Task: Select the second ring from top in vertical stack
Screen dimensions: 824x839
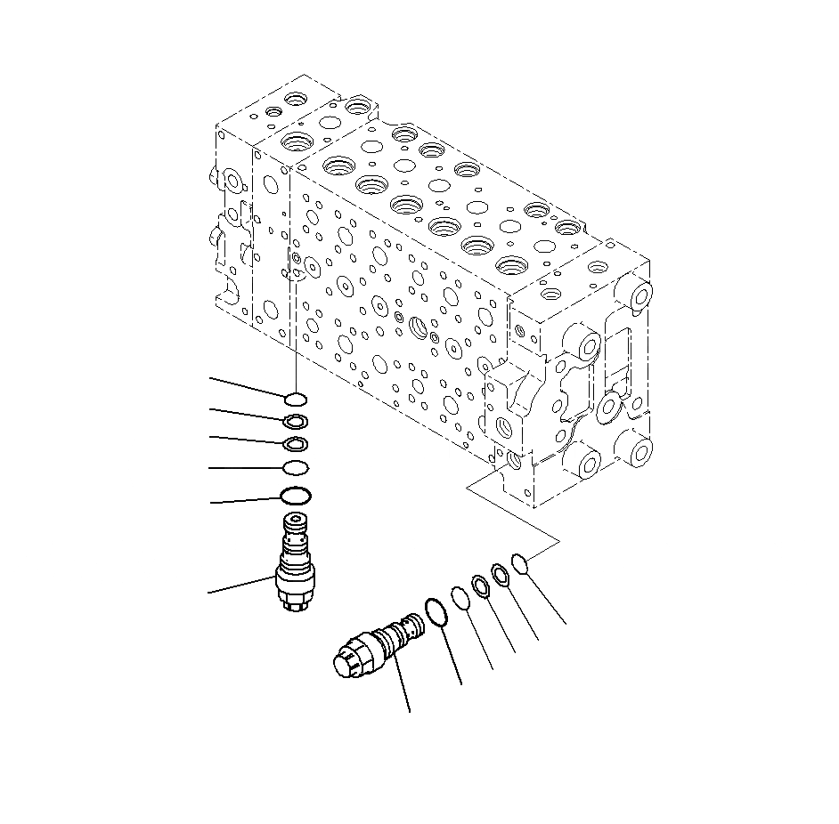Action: pyautogui.click(x=297, y=421)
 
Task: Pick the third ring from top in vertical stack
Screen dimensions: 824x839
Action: pyautogui.click(x=296, y=444)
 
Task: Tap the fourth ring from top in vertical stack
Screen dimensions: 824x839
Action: pyautogui.click(x=296, y=468)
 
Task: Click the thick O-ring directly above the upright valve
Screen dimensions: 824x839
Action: pyautogui.click(x=296, y=496)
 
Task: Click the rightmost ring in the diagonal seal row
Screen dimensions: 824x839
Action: pyautogui.click(x=521, y=562)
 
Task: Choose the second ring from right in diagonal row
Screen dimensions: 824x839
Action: pyautogui.click(x=501, y=575)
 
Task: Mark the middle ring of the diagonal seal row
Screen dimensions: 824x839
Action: pyautogui.click(x=480, y=586)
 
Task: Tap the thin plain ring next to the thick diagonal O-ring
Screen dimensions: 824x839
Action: pyautogui.click(x=460, y=598)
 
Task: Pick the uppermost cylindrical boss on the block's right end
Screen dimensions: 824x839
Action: pyautogui.click(x=639, y=295)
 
